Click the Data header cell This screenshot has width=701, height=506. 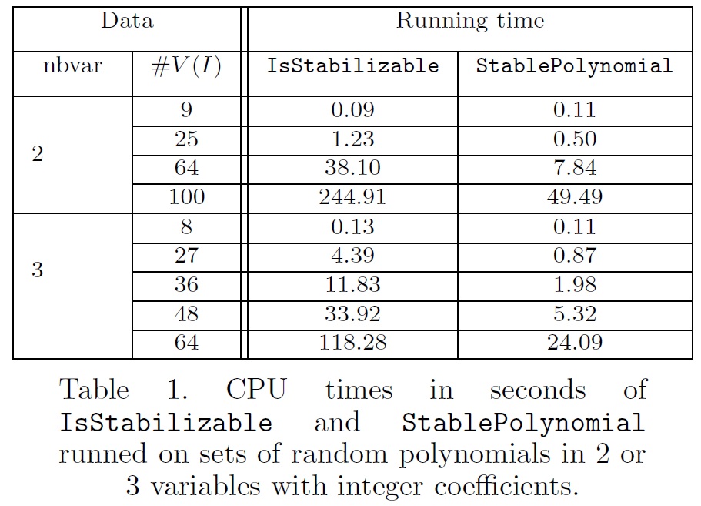click(x=127, y=21)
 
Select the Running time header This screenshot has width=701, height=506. click(x=469, y=21)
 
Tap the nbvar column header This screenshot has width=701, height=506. click(x=72, y=66)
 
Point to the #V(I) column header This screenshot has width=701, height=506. click(x=186, y=67)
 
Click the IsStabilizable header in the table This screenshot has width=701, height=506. click(x=352, y=66)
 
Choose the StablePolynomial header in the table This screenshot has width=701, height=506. click(x=574, y=66)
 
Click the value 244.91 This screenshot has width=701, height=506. click(x=352, y=197)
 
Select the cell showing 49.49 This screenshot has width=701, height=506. click(x=574, y=197)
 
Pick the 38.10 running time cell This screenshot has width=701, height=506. click(x=352, y=168)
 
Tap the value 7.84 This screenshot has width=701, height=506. click(x=574, y=168)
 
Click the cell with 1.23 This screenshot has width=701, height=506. click(x=352, y=139)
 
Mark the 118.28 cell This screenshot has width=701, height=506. click(x=352, y=343)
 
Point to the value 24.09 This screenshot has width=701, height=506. click(x=574, y=343)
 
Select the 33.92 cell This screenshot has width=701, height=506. click(x=352, y=314)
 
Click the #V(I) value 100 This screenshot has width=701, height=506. click(x=186, y=197)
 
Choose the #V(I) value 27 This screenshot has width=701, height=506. click(x=186, y=256)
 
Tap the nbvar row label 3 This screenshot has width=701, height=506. click(x=37, y=271)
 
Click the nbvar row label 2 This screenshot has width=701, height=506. click(x=37, y=154)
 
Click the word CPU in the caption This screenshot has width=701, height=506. click(x=256, y=390)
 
